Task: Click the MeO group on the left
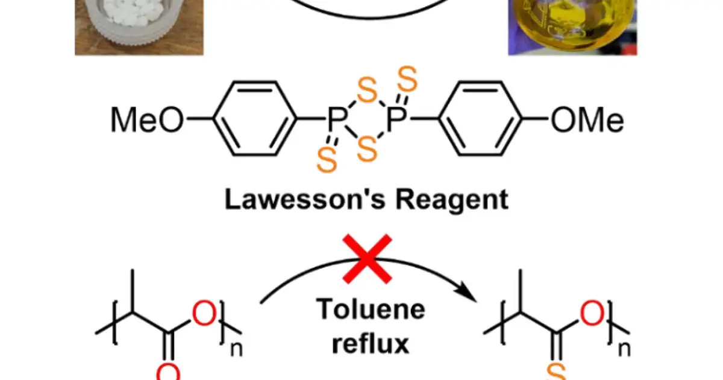click(147, 119)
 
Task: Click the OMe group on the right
click(587, 119)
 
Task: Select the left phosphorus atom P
click(337, 119)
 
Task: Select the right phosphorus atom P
click(396, 119)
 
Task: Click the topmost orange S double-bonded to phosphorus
click(407, 79)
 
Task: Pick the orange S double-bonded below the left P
click(327, 160)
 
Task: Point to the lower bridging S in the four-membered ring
click(368, 149)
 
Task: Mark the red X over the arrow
click(368, 259)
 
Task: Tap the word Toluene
click(371, 309)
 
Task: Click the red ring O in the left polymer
click(204, 313)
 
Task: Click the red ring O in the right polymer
click(592, 313)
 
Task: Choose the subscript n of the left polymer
click(236, 349)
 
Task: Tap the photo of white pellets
click(139, 28)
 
